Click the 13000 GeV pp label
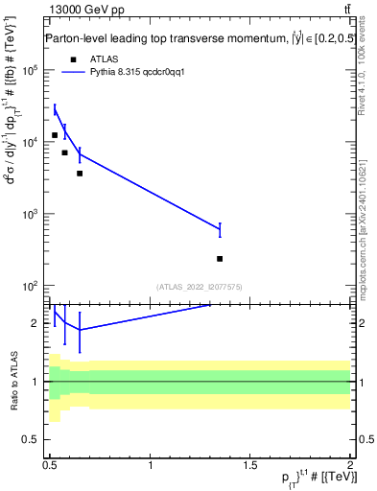[x=85, y=11]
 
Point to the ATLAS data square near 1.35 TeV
[x=221, y=259]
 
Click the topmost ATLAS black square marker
[x=55, y=135]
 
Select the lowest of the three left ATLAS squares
[x=80, y=174]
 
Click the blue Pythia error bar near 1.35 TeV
[x=221, y=229]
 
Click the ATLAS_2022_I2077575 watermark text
[x=200, y=286]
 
